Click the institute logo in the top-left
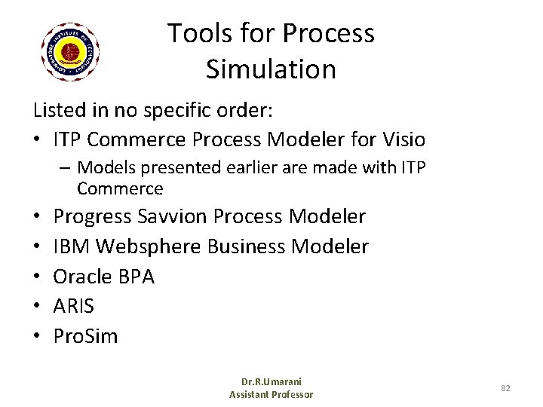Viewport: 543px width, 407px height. (72, 51)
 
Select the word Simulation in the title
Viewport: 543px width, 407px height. (271, 69)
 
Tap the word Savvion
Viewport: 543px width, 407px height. (174, 218)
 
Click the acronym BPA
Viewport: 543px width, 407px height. (137, 277)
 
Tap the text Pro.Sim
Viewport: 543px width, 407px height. (86, 335)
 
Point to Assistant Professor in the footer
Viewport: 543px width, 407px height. (270, 394)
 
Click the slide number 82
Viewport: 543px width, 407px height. (506, 387)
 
